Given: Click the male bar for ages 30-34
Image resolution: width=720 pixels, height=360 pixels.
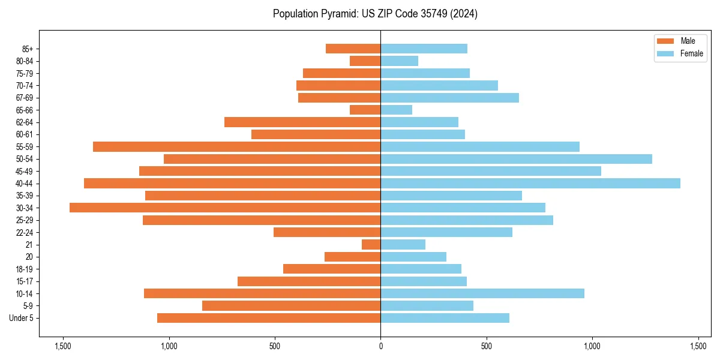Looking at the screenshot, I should click(225, 208).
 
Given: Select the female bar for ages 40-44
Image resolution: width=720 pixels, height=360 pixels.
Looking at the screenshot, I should click(530, 183).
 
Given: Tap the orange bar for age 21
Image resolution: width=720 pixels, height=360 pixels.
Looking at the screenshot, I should click(371, 244).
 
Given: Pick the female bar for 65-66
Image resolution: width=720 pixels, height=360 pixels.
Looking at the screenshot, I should click(396, 110).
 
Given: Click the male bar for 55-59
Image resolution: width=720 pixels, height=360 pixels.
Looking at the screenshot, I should click(237, 146).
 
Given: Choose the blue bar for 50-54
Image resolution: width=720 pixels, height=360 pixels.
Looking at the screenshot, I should click(516, 159).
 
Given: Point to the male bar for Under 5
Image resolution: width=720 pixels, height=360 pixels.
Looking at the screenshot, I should click(269, 318).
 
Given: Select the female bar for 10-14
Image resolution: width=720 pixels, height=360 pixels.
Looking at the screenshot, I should click(482, 293).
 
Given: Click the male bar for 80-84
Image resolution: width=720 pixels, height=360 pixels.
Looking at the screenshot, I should click(365, 61).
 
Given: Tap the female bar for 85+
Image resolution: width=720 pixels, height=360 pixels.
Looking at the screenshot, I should click(424, 49).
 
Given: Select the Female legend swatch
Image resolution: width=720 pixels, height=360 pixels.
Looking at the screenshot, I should click(666, 53).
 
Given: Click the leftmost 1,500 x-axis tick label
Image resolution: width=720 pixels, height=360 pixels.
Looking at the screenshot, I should click(63, 347).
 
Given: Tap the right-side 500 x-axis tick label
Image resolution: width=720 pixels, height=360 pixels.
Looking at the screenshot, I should click(486, 347).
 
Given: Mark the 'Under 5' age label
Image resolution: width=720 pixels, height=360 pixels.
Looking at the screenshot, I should click(21, 318).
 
